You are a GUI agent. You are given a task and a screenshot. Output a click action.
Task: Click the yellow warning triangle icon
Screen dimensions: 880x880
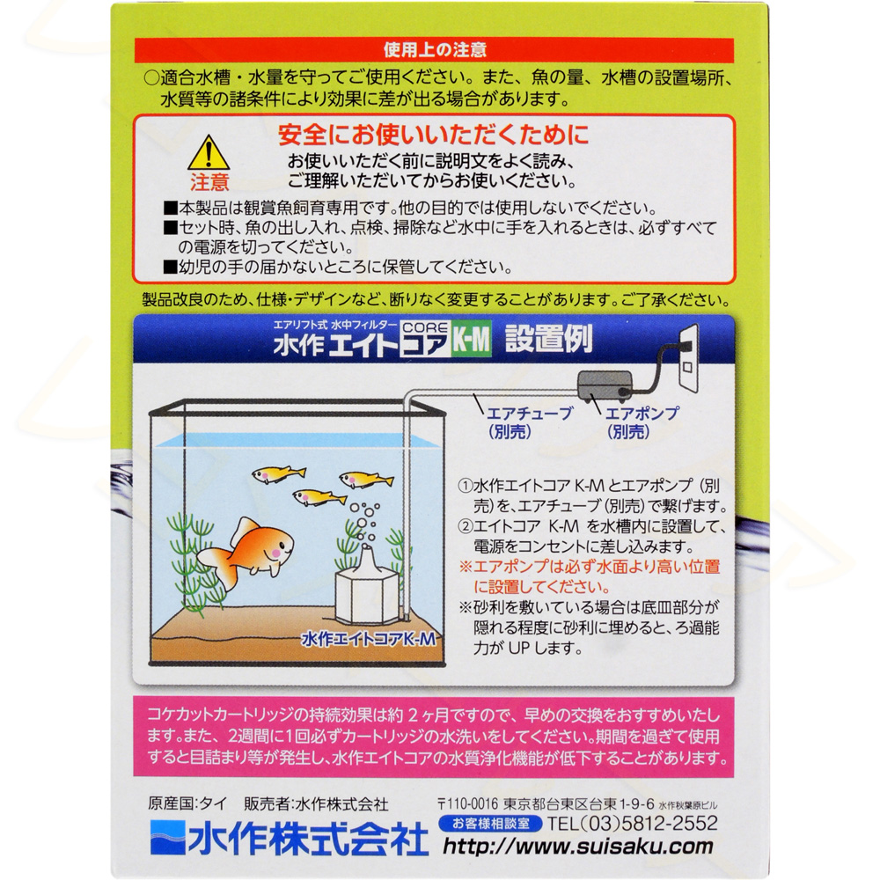[209, 152]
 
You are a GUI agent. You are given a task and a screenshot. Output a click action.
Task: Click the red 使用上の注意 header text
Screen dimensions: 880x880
[435, 50]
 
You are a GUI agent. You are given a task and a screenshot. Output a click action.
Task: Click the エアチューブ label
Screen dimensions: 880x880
[529, 414]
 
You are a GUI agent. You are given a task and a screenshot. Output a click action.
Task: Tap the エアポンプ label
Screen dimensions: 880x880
[642, 414]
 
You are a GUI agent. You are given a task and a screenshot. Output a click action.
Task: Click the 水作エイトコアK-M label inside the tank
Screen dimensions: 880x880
[369, 639]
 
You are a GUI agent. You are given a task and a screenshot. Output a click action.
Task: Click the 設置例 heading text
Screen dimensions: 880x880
[549, 339]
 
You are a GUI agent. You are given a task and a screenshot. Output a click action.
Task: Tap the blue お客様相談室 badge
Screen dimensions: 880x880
[490, 824]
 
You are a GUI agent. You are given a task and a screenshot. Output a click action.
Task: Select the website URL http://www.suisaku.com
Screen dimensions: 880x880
[578, 847]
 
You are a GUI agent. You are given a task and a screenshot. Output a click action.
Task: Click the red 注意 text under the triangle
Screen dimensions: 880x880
[209, 183]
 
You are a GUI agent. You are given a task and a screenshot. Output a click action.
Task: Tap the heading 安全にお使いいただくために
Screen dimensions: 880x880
[434, 135]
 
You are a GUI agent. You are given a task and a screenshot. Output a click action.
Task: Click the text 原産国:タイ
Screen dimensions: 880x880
[188, 803]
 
